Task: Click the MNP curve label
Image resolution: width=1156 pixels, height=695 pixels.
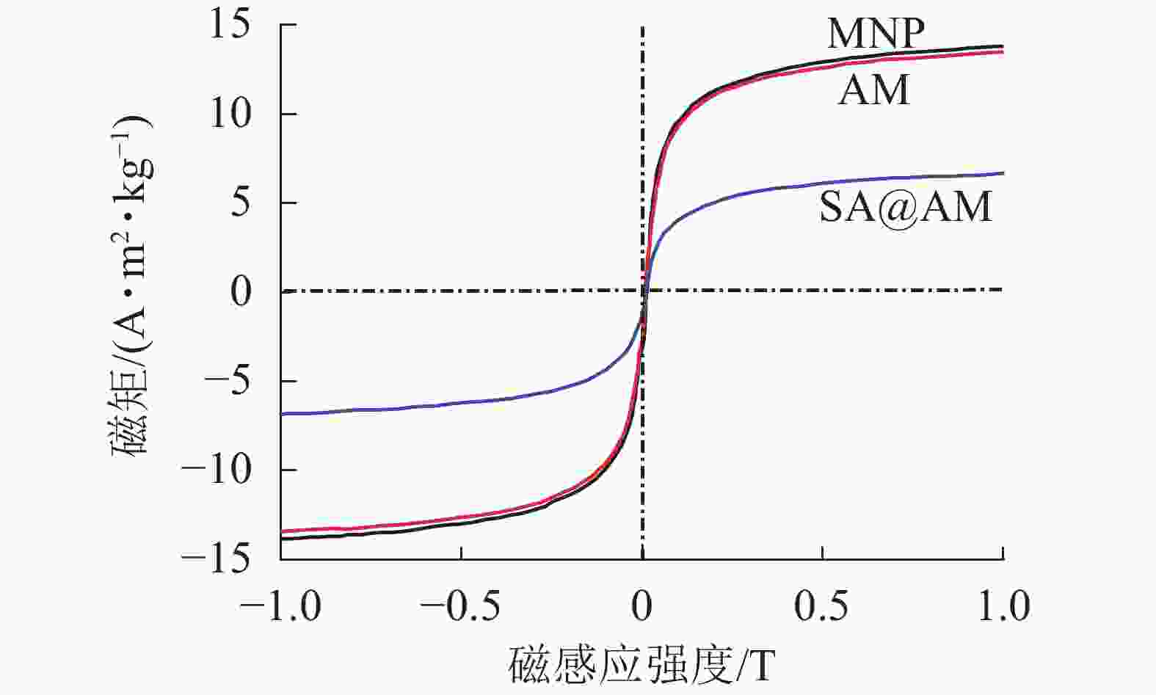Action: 875,33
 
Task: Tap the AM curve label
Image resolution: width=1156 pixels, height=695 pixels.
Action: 873,90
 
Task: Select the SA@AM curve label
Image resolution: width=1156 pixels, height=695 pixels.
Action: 905,206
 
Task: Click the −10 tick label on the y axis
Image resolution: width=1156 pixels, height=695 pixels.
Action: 219,470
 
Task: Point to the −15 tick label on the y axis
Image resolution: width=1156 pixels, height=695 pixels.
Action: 219,560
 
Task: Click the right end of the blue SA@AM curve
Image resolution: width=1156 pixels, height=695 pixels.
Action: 1003,173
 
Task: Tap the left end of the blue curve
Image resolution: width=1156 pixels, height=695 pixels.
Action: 282,414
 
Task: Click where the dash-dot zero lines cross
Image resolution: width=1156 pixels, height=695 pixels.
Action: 643,291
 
